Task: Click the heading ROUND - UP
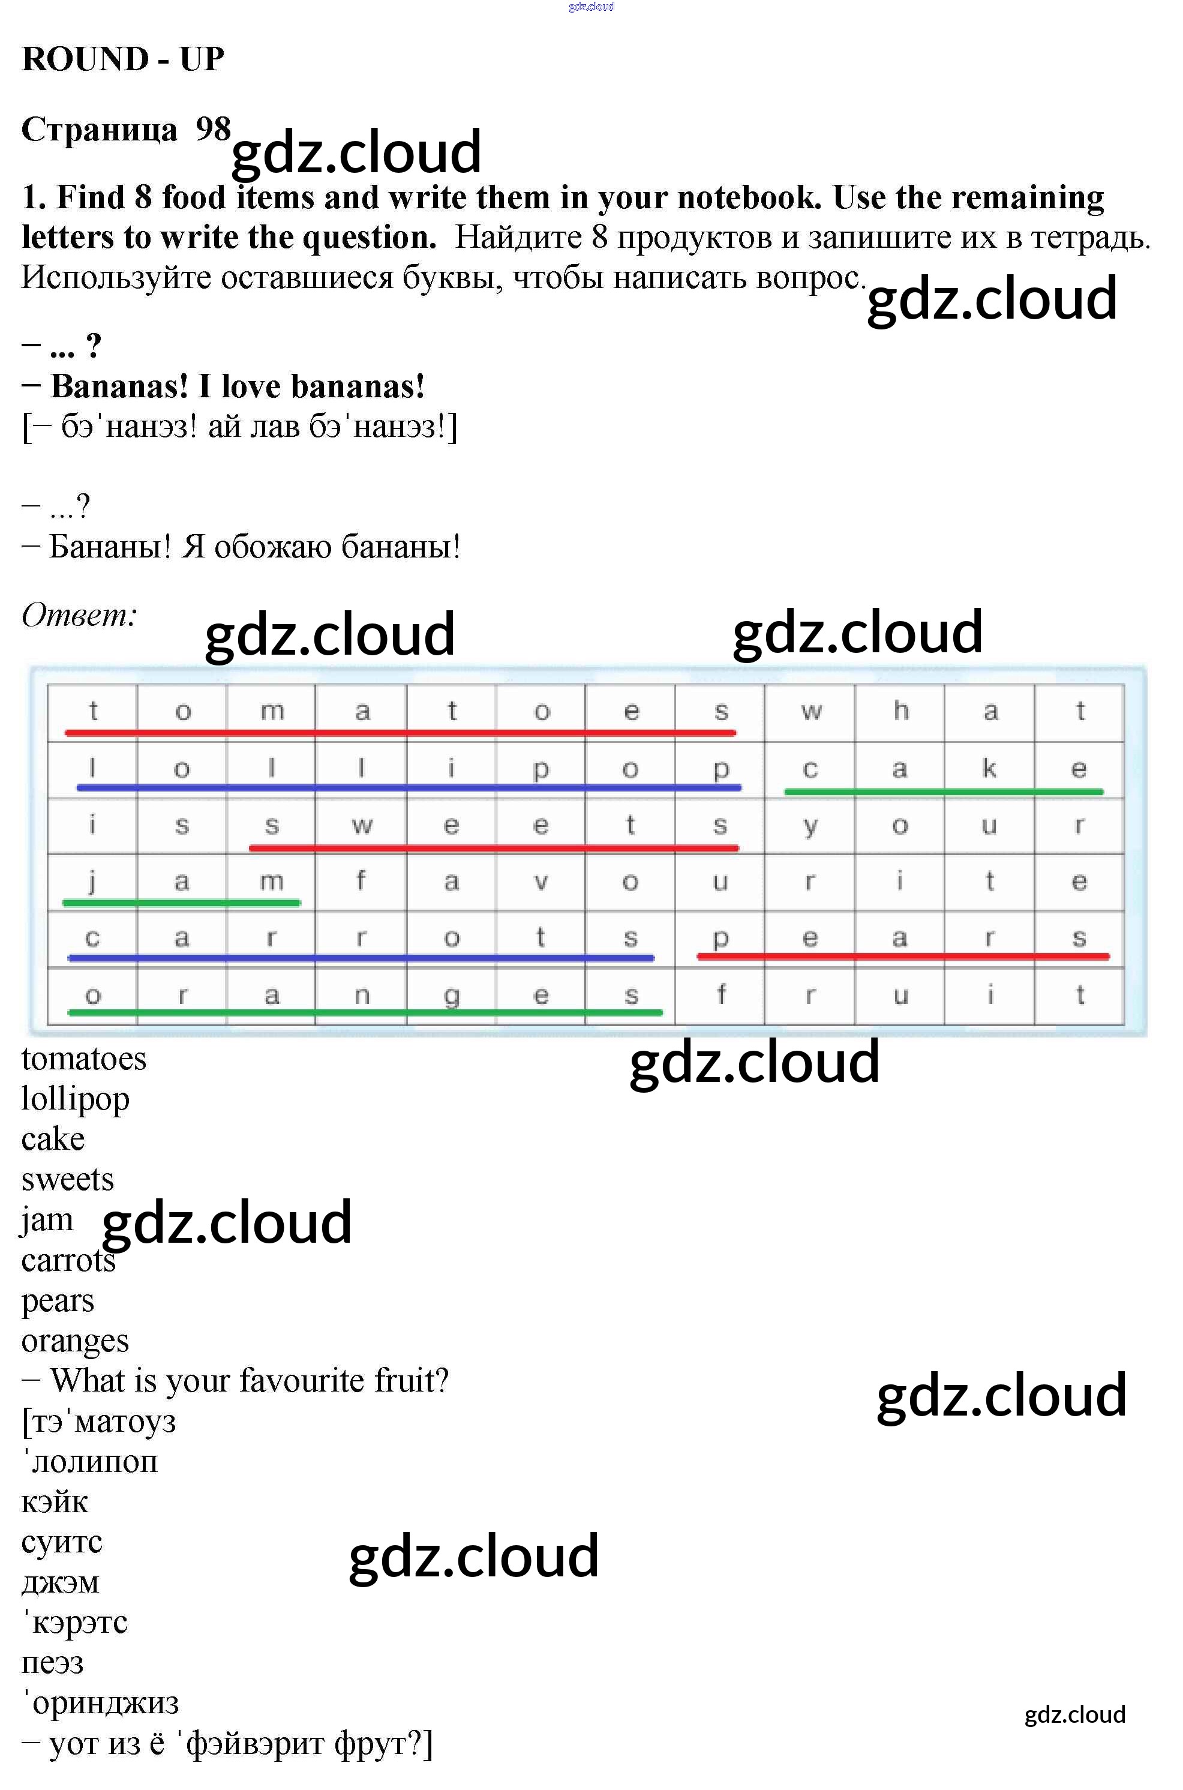tap(123, 59)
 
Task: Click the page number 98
tap(213, 129)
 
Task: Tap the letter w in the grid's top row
tap(811, 711)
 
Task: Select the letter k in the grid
tap(989, 767)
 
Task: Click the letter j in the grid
tap(92, 881)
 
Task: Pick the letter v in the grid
tap(541, 882)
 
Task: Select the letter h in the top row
tap(901, 710)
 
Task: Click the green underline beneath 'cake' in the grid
tap(944, 791)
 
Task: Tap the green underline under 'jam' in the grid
tap(181, 903)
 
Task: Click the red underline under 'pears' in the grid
tap(903, 956)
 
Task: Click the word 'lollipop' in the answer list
tap(76, 1099)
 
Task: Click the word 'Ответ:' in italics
tap(79, 614)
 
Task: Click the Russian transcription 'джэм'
tap(61, 1583)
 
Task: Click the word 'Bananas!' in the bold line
tap(119, 386)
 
